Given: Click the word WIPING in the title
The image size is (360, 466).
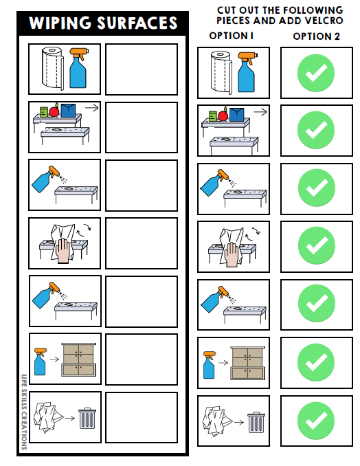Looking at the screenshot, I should [x=60, y=23].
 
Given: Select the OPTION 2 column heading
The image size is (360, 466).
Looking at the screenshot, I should [x=316, y=36].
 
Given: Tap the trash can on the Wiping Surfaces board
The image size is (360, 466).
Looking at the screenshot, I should [x=86, y=417].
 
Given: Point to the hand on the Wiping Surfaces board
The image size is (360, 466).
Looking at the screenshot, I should [x=63, y=252].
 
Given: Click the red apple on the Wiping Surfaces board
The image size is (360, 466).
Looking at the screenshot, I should [x=52, y=113].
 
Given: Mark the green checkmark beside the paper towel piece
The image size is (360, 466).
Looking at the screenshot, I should [x=316, y=71].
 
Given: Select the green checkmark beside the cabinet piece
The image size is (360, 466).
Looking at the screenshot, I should [x=316, y=362].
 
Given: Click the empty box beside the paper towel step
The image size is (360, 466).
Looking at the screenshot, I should [x=142, y=69].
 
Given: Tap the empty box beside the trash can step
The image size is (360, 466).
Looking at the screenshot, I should [x=142, y=417].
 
